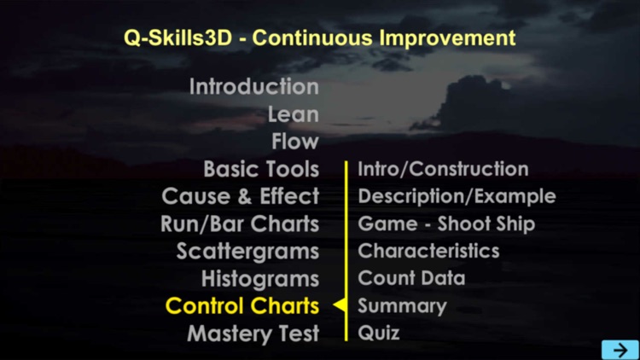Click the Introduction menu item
coord(253,87)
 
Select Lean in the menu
coord(293,114)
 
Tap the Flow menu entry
coord(294,142)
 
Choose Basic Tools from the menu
coord(261,169)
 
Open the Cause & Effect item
coord(240,196)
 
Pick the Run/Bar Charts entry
coord(240,224)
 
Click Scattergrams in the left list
coord(247,251)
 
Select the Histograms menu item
coord(259,278)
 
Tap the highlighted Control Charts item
coord(242,305)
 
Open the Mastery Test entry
coord(253,333)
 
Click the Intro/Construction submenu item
coord(443,169)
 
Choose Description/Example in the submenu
coord(457,196)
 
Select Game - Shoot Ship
coord(446,224)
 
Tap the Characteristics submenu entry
coord(428,251)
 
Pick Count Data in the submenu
coord(411,278)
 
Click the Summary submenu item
coord(402,305)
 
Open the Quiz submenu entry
coord(379,333)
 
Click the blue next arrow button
coord(620,349)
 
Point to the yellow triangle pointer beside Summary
coord(339,305)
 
